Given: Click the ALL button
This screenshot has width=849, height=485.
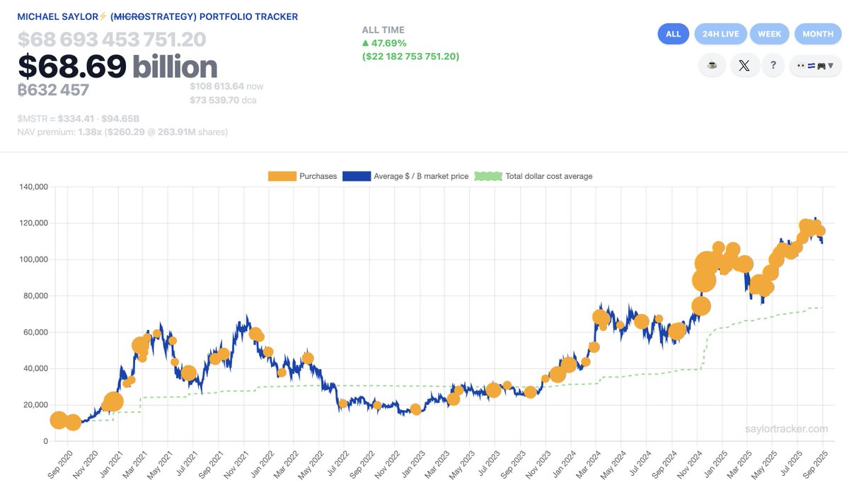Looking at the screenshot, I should tap(673, 34).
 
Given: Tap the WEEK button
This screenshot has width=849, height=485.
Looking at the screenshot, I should tap(769, 34).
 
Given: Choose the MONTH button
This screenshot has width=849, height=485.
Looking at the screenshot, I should tap(818, 34).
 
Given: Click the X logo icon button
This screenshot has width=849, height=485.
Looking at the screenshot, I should tap(744, 66).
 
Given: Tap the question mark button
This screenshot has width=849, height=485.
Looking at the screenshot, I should tap(773, 66).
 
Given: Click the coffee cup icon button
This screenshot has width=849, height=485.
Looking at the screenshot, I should tap(712, 66).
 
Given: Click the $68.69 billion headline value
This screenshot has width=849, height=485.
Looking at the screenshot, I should tap(117, 66).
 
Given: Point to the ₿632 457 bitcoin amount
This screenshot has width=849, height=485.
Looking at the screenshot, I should tap(54, 90).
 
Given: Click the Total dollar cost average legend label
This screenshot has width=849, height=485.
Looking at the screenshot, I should tap(548, 176).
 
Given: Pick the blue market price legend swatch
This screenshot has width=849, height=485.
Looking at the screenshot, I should tap(356, 176).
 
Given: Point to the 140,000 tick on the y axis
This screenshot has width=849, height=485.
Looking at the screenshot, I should tap(32, 187).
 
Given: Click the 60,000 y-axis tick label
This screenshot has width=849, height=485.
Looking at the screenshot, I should tap(34, 332).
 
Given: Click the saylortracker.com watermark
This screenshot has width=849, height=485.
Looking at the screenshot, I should tap(786, 429).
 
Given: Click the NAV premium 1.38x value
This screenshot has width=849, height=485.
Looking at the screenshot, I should tap(91, 132).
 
